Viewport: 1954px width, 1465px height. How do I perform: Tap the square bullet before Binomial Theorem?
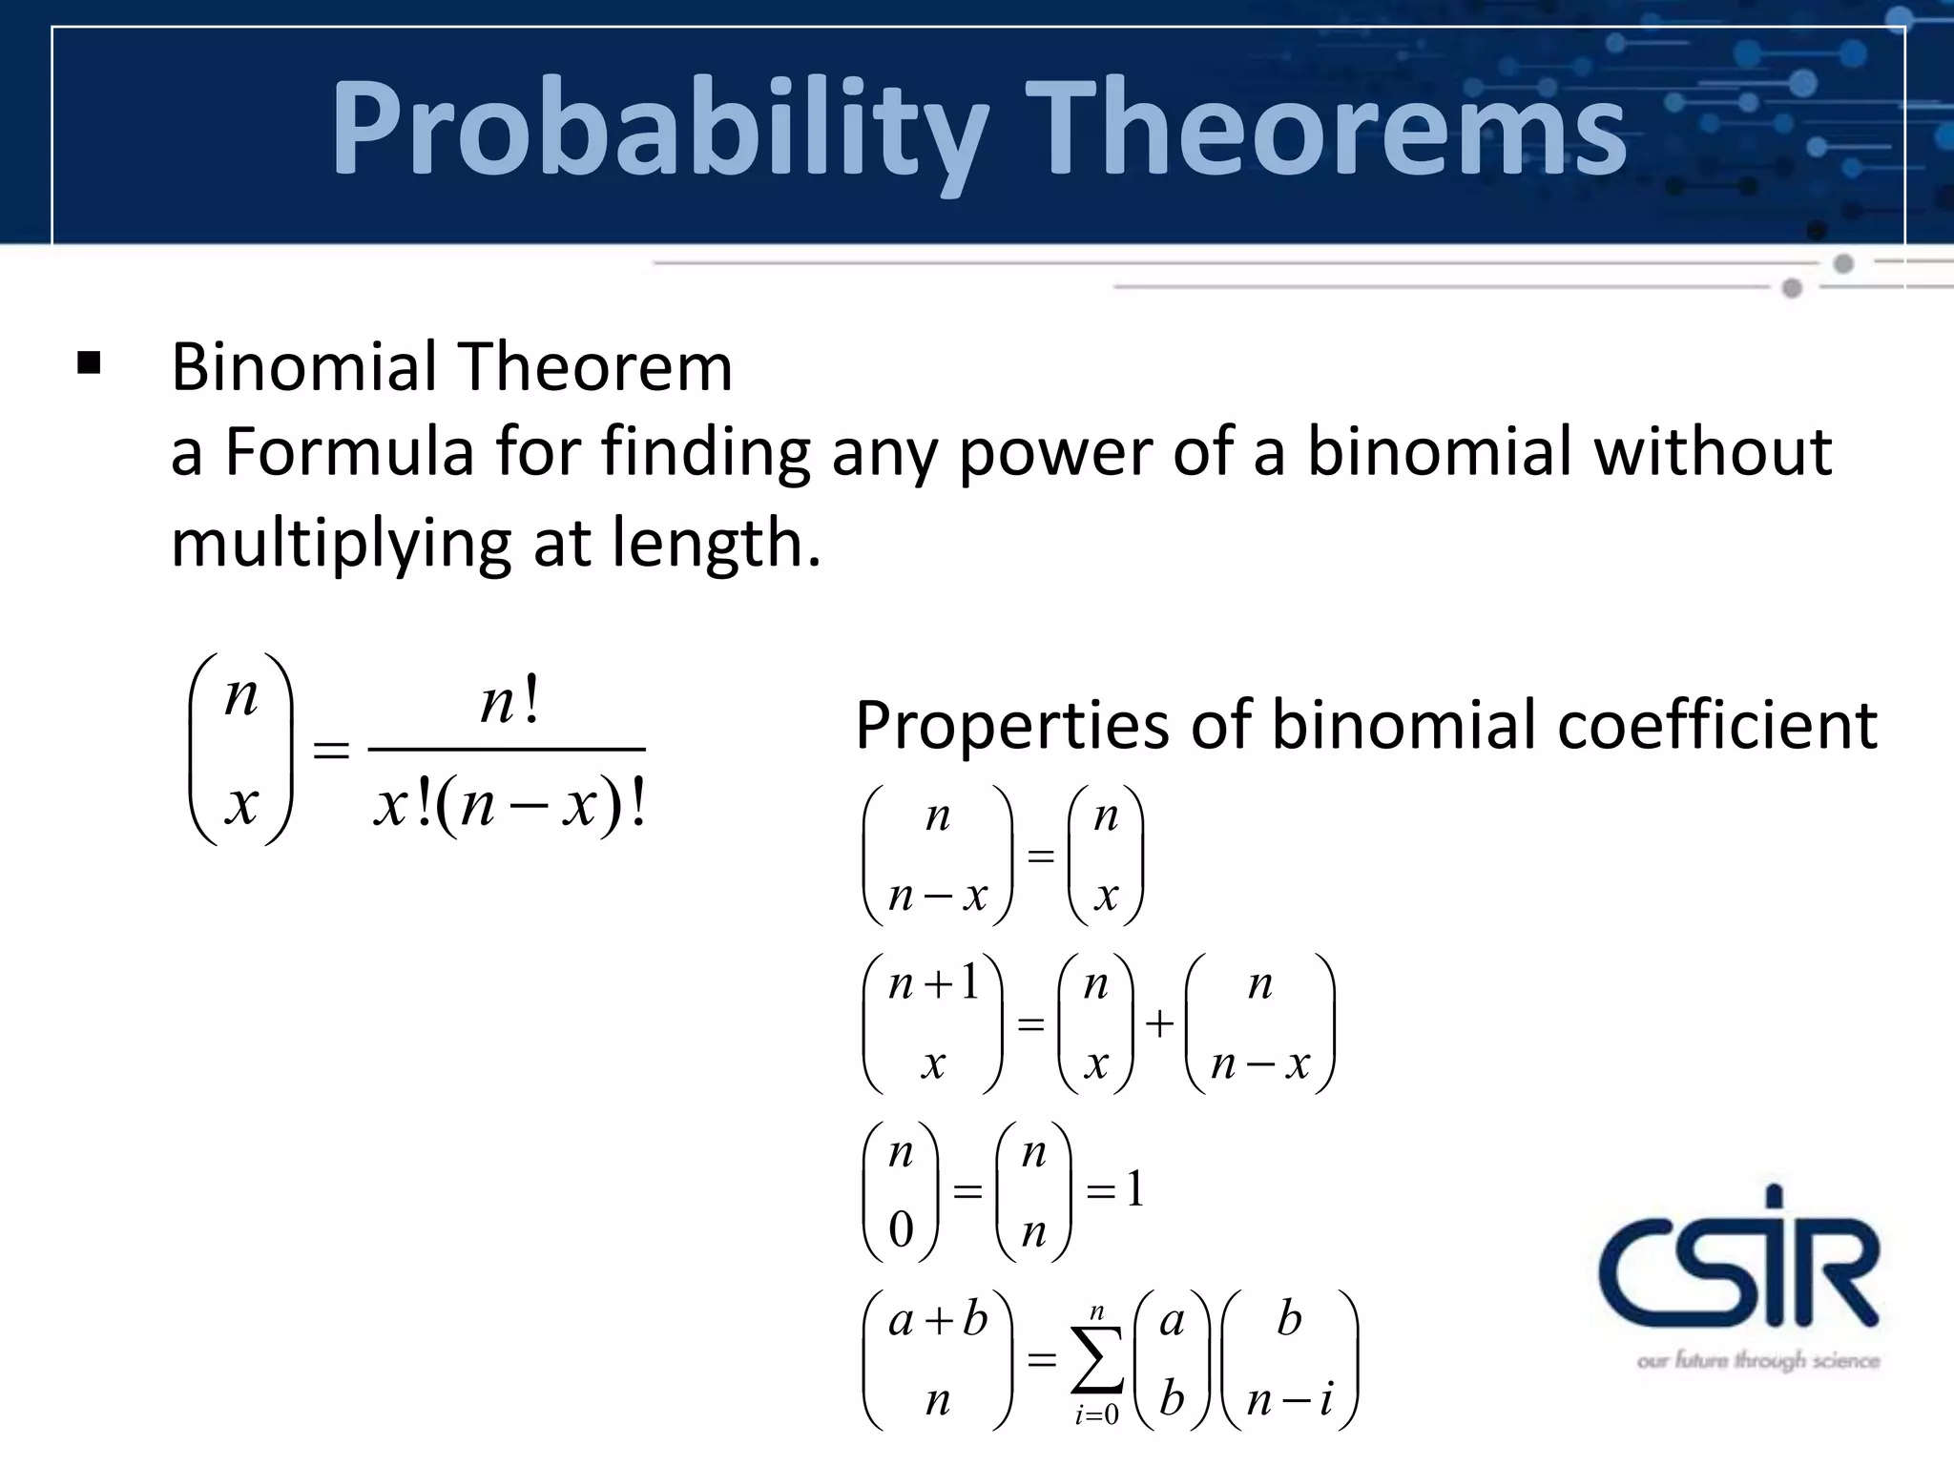pyautogui.click(x=89, y=364)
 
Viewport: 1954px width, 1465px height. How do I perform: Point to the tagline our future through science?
pyautogui.click(x=1757, y=1360)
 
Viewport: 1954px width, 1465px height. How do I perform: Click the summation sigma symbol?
pyautogui.click(x=1097, y=1359)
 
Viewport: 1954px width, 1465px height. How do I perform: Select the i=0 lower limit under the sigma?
pyautogui.click(x=1097, y=1414)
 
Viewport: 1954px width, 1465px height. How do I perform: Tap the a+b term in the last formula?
pyautogui.click(x=937, y=1320)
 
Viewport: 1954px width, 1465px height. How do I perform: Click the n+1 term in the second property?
pyautogui.click(x=933, y=982)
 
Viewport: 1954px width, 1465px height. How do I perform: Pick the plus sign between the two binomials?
pyautogui.click(x=1159, y=1023)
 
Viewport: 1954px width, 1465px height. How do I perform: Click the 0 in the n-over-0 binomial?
pyautogui.click(x=901, y=1230)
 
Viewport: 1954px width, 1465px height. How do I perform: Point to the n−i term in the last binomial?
pyautogui.click(x=1289, y=1400)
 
